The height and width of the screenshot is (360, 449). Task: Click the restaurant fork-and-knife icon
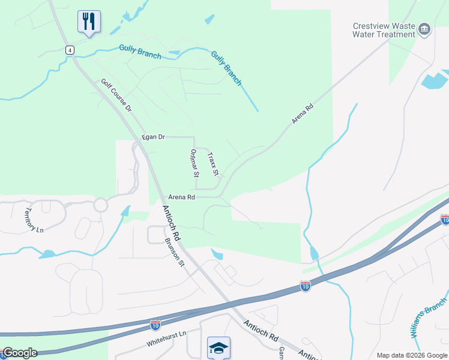pos(89,22)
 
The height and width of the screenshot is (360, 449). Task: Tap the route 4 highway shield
pos(70,50)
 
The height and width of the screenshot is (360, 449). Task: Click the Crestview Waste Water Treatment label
pos(384,30)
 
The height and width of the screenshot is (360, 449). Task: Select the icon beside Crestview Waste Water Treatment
pos(424,29)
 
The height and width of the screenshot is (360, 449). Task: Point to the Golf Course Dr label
pos(116,96)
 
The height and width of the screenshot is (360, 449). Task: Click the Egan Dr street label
pos(153,137)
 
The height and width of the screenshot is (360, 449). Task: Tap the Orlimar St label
pos(194,164)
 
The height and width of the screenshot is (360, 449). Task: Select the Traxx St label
pos(212,164)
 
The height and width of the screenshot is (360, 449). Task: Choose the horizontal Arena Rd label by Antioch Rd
pos(181,197)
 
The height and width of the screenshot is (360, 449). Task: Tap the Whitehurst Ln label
pos(167,344)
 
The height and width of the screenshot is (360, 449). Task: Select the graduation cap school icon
pos(218,347)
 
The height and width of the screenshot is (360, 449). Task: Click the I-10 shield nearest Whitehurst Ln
pos(155,325)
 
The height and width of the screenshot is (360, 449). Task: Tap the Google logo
pos(20,353)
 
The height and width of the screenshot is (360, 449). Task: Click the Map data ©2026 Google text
pos(411,355)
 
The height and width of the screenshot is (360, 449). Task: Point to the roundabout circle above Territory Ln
pos(100,205)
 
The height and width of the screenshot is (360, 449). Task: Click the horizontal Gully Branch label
pos(140,52)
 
